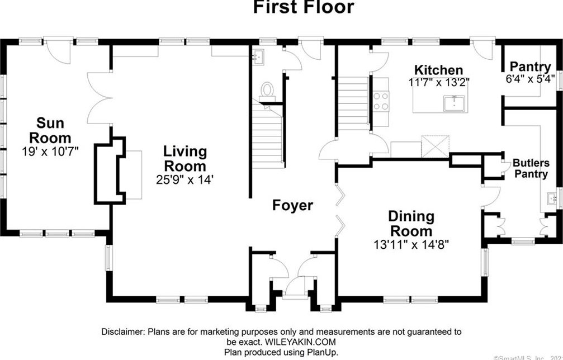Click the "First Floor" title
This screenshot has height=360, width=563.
coord(303,7)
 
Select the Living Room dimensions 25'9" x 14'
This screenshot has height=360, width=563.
coord(185,179)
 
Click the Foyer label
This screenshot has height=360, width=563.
coord(292,205)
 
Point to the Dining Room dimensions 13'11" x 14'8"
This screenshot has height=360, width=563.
coord(411,244)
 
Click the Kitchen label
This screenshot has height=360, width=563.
coord(438,70)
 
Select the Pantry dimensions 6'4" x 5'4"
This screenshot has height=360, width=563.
coord(530,79)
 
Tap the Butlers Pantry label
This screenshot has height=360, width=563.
coord(531,168)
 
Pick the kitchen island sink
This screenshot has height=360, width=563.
coord(454,103)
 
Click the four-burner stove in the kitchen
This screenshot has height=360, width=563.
coord(381,101)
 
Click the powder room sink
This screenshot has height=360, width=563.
coord(258,57)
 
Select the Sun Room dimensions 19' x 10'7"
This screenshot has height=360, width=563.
coord(50,151)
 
